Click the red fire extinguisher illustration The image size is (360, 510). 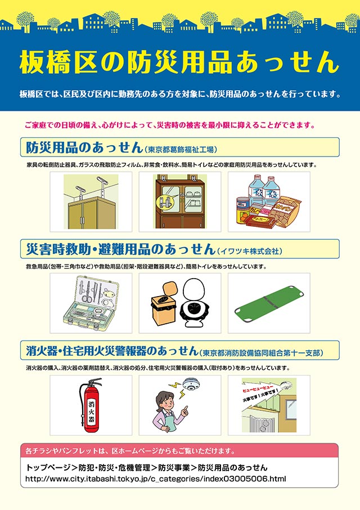(x=91, y=405)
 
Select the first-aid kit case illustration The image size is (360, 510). (x=91, y=303)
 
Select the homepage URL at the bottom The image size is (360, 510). (x=156, y=479)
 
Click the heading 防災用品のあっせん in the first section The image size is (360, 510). (x=84, y=147)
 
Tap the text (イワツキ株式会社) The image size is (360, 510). (x=250, y=251)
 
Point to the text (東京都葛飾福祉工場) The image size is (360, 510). (x=181, y=150)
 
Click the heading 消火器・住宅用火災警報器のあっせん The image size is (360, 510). (x=112, y=351)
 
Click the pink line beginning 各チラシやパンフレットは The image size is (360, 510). (x=130, y=451)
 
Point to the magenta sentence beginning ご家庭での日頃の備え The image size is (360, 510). (x=170, y=125)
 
